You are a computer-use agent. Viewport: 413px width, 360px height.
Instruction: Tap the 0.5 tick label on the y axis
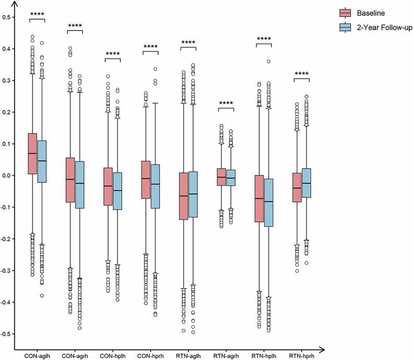click(x=7, y=17)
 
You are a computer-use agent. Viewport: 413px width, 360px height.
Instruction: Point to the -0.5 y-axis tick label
click(x=7, y=334)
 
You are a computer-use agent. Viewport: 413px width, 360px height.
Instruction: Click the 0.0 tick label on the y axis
click(x=7, y=176)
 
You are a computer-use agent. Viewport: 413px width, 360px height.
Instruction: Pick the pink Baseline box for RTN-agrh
click(x=221, y=177)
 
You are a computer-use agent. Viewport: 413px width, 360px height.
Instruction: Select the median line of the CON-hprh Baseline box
click(x=146, y=179)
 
